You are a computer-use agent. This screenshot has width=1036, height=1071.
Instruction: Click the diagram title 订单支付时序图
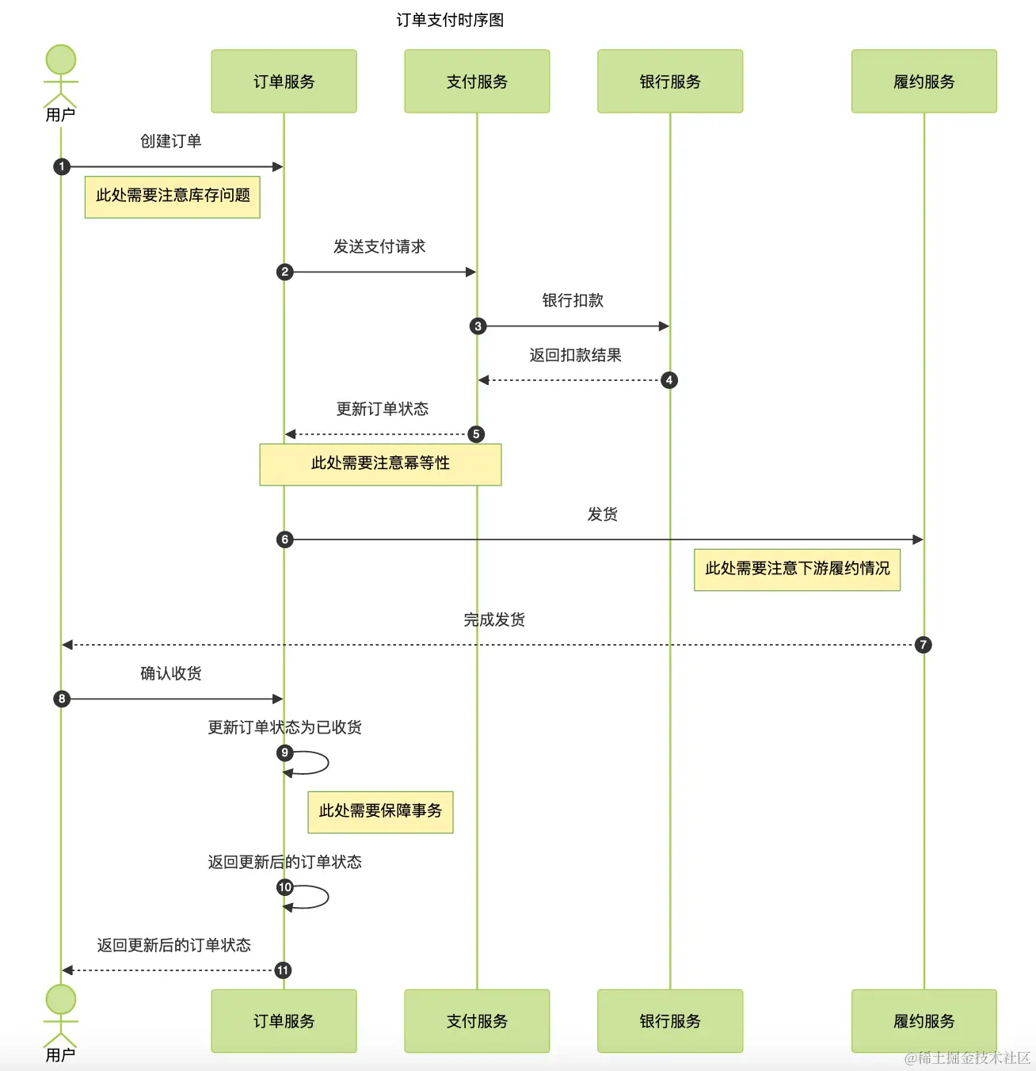[450, 21]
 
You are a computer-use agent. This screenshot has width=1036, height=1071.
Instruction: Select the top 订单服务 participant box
[284, 82]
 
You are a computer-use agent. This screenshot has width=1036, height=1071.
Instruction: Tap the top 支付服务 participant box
[477, 82]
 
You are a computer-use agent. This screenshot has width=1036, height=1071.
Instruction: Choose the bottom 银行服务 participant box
[670, 1021]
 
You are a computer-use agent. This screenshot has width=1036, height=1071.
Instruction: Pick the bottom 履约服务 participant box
[924, 1021]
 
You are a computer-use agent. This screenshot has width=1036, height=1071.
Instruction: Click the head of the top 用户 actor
[60, 59]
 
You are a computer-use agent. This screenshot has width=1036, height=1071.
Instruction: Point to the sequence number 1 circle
[62, 166]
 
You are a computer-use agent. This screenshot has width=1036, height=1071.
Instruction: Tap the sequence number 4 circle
[669, 379]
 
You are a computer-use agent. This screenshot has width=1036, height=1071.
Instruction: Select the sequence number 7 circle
[924, 645]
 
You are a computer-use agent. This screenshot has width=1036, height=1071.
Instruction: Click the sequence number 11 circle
[283, 970]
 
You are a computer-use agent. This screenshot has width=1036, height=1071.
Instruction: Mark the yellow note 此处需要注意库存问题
[172, 196]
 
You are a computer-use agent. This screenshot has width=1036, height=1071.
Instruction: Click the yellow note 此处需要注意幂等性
[380, 464]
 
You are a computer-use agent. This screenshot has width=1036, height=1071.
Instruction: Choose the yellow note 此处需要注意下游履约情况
[797, 570]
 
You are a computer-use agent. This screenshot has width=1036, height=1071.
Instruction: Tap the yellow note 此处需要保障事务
[380, 812]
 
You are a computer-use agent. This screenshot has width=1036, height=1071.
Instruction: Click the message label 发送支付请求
[379, 246]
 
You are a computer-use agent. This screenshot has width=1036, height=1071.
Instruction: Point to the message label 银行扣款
[573, 300]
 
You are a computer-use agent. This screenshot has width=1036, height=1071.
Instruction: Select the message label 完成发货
[494, 619]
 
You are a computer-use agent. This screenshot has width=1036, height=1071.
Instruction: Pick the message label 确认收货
[170, 673]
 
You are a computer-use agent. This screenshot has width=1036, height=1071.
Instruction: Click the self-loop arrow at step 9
[328, 763]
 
